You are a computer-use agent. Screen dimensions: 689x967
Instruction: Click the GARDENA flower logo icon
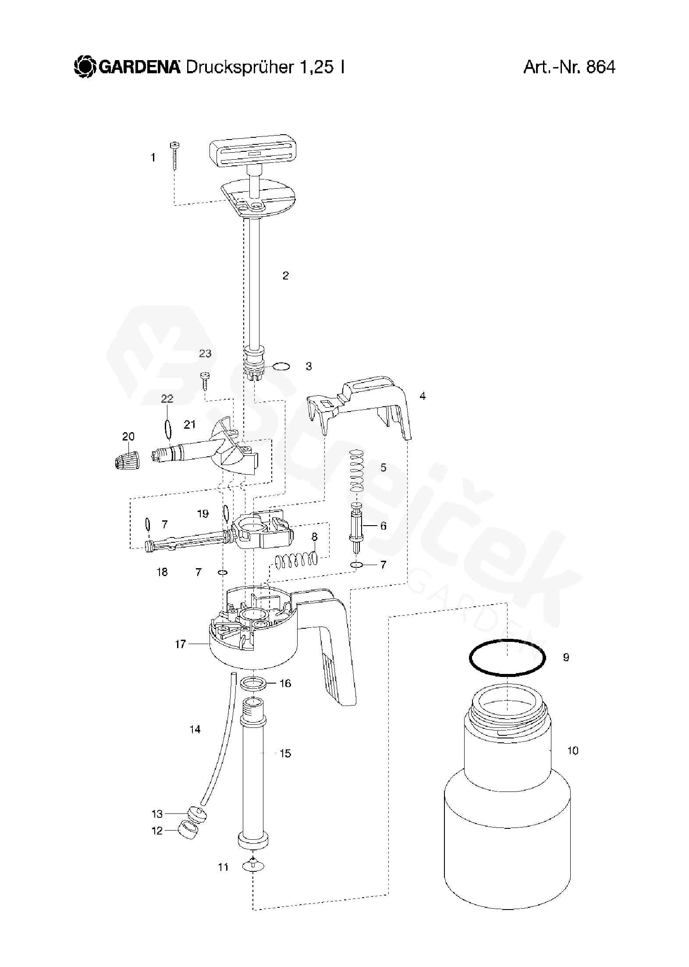pos(83,67)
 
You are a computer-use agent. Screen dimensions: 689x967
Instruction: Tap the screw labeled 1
pos(175,156)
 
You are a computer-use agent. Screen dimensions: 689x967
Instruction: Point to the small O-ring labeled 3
pos(281,366)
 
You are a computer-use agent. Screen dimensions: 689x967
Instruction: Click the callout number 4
pos(422,396)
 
